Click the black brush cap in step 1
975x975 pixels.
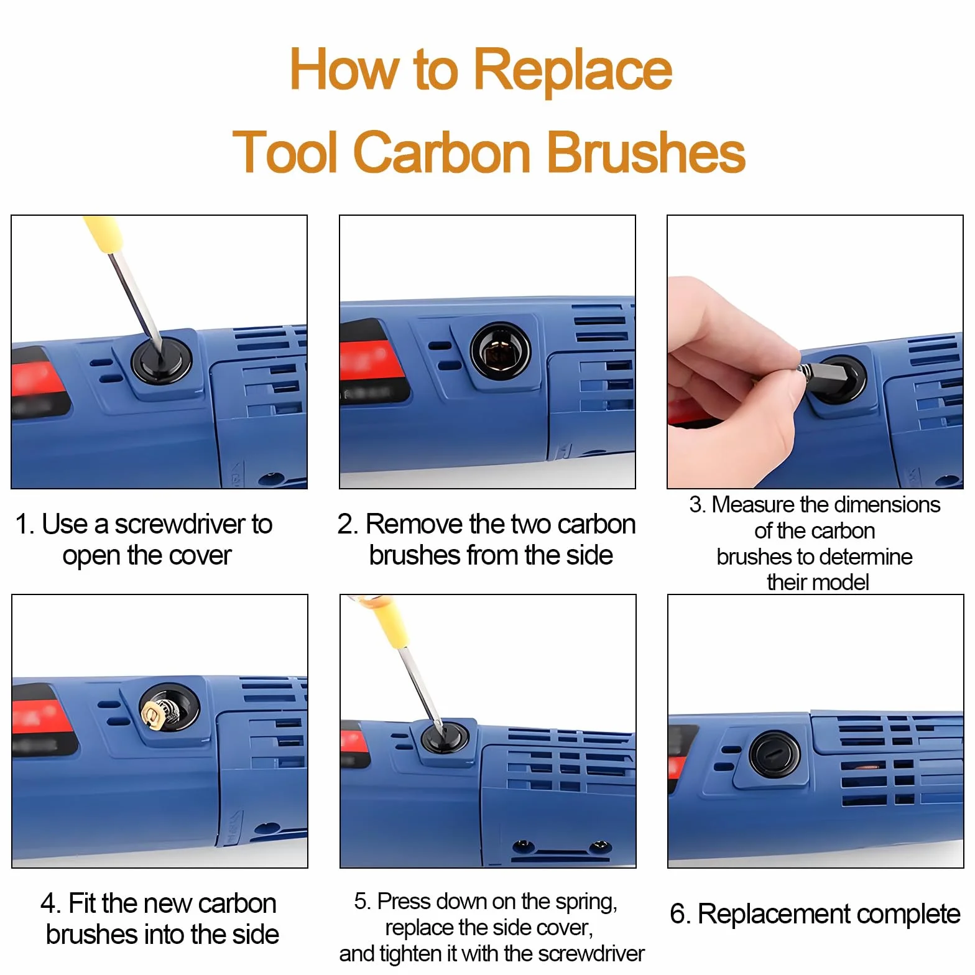161,360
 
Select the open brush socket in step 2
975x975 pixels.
501,351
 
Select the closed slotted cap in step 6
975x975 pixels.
775,754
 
